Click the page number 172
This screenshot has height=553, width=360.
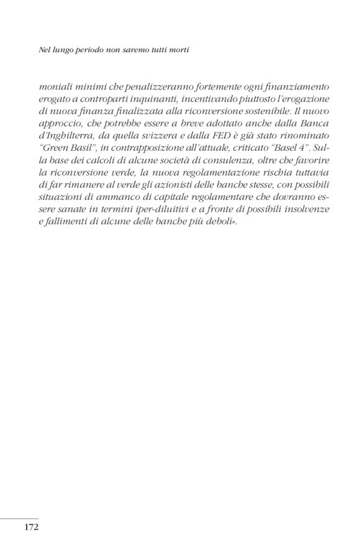(x=32, y=528)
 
